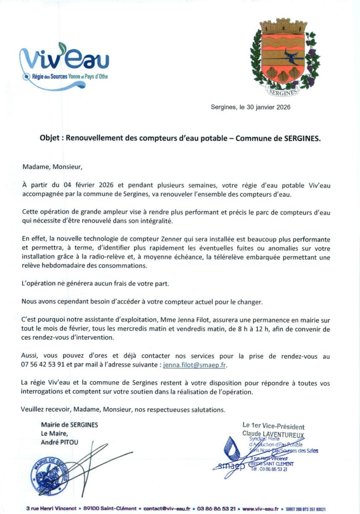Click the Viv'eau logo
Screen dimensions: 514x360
[64, 66]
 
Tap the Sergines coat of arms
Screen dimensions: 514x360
[283, 56]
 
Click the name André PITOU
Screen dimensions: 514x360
[60, 442]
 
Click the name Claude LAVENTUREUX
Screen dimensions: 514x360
[273, 434]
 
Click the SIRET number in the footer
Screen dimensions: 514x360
[306, 508]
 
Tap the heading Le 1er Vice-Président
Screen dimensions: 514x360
[273, 426]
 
